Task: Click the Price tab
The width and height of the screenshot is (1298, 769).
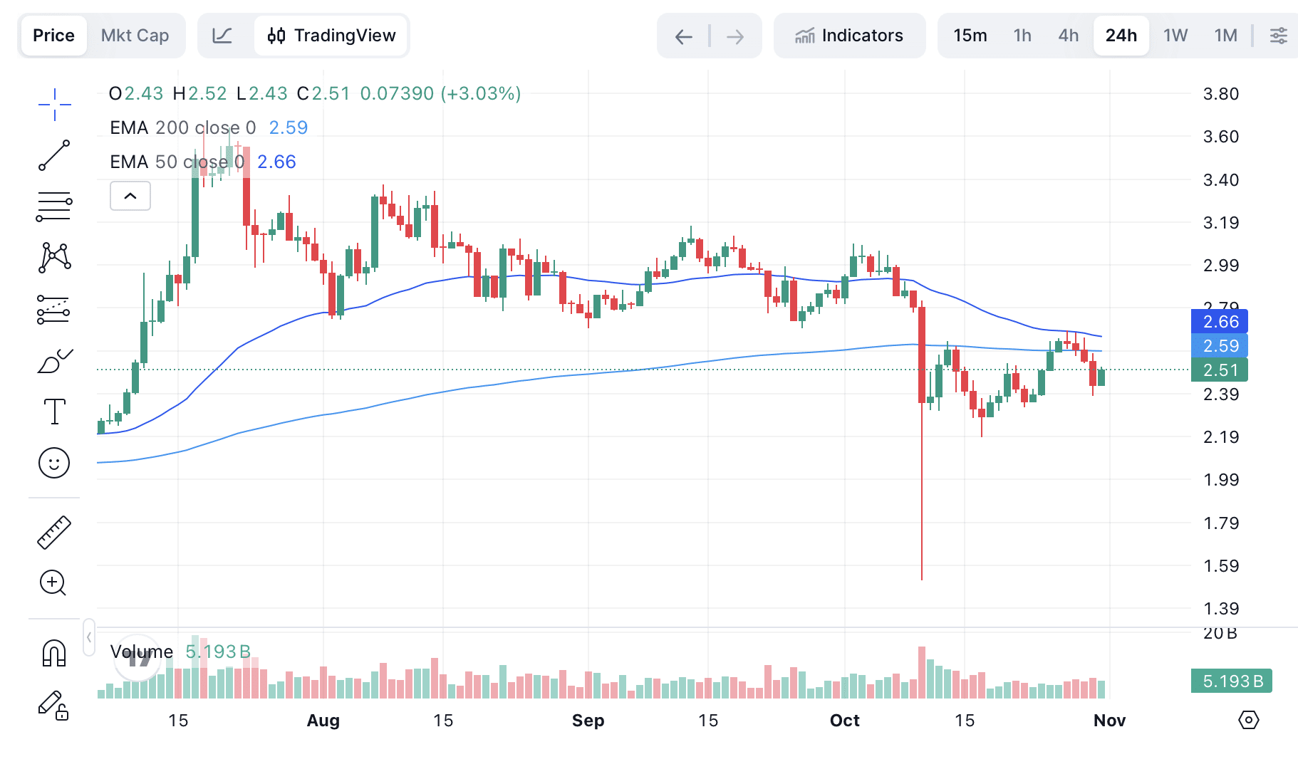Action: [x=53, y=36]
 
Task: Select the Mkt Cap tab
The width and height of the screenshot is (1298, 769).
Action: [x=135, y=36]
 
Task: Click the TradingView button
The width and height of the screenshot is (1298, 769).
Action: [x=331, y=36]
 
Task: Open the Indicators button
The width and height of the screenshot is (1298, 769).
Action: [x=849, y=36]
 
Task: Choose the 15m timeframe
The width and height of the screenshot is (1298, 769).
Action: [x=970, y=36]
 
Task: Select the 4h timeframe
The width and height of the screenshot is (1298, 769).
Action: [x=1068, y=36]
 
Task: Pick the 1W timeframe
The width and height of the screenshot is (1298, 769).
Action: [x=1175, y=36]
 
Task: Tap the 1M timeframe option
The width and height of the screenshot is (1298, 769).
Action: [x=1225, y=36]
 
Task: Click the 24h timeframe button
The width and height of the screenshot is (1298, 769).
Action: [x=1121, y=36]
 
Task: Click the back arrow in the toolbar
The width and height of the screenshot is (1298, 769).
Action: [x=683, y=36]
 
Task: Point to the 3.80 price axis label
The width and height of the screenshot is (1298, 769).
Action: [x=1220, y=94]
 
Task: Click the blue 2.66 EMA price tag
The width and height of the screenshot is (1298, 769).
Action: [x=1219, y=322]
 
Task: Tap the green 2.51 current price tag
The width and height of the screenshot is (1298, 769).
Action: [x=1219, y=370]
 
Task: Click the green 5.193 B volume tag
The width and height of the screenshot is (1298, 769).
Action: [x=1231, y=681]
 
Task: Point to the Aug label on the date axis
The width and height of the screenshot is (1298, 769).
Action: [x=323, y=721]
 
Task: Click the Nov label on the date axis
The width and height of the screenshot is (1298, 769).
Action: [x=1109, y=721]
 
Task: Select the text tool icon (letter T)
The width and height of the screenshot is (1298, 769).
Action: [x=54, y=412]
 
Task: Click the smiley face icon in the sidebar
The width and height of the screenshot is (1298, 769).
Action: [x=54, y=463]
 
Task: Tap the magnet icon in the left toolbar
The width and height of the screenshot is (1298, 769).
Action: [x=54, y=653]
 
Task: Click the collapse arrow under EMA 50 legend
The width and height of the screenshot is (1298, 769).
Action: [x=130, y=196]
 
